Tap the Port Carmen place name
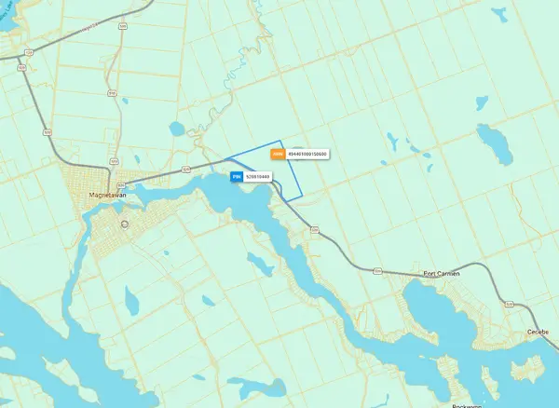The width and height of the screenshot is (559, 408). (442, 273)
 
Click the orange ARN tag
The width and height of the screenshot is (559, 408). (277, 154)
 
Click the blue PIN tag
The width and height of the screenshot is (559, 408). (237, 175)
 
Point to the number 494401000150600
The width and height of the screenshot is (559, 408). (307, 154)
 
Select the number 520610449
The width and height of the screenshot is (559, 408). (257, 175)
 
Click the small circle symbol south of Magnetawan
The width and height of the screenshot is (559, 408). (123, 224)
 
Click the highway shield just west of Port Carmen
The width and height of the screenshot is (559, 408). (378, 271)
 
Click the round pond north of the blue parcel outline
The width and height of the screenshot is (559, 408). (177, 129)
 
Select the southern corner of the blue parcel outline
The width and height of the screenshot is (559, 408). (296, 200)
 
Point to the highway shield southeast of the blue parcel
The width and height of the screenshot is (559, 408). (314, 227)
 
